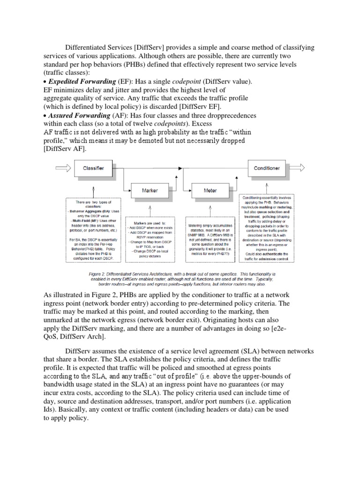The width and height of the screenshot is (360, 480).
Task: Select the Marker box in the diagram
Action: click(x=150, y=191)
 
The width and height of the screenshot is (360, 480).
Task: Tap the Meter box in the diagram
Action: click(x=210, y=191)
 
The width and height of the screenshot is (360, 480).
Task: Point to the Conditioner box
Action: click(x=266, y=167)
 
